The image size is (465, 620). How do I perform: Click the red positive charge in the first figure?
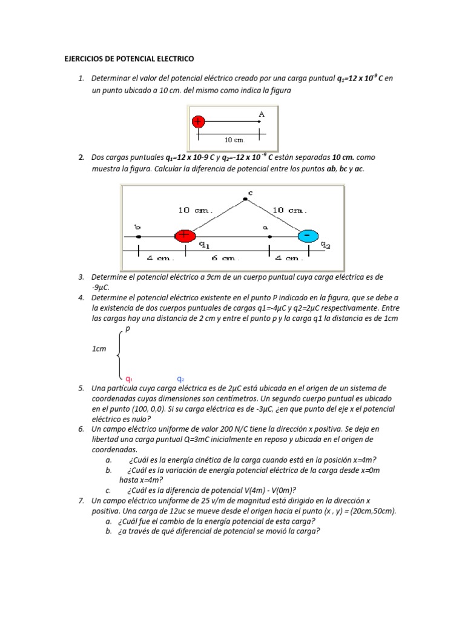point(198,122)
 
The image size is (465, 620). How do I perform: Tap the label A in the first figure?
point(262,114)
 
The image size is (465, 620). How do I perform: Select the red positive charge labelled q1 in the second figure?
point(184,236)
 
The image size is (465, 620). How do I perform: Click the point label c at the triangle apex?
point(249,193)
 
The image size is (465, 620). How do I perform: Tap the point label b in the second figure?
point(138,226)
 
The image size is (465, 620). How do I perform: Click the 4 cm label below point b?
point(159,258)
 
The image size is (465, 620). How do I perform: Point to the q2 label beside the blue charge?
point(325,245)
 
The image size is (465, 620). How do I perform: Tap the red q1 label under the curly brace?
point(129,379)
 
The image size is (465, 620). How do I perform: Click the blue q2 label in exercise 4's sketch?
point(180,379)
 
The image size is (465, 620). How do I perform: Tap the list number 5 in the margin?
point(81,388)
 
